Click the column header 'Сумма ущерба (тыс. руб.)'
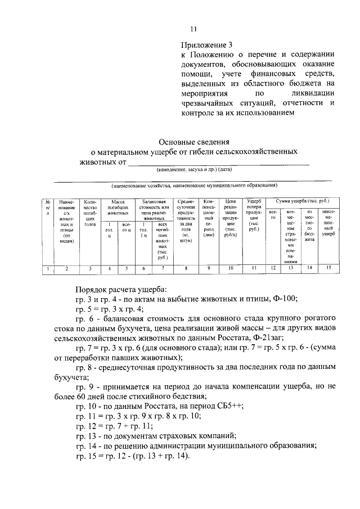pyautogui.click(x=302, y=201)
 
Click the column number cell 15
pyautogui.click(x=328, y=269)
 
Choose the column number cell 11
pyautogui.click(x=253, y=269)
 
